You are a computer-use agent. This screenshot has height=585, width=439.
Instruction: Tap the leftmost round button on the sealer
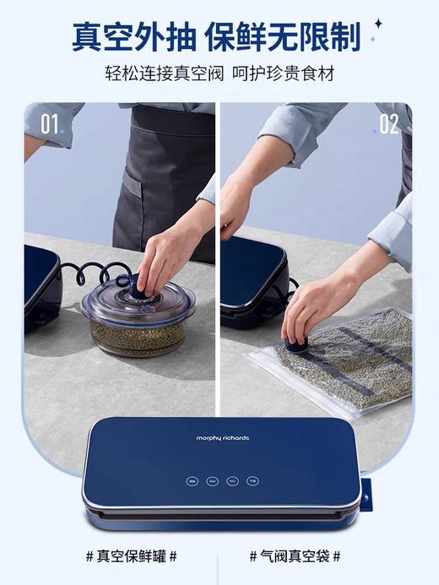192,481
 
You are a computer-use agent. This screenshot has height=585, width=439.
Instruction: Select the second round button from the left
213,481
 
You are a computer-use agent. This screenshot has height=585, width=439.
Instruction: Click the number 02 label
388,124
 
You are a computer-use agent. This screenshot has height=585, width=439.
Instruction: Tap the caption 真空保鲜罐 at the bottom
132,556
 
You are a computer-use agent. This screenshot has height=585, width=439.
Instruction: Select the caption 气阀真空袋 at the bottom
295,556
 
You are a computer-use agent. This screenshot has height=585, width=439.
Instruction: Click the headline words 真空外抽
134,36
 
